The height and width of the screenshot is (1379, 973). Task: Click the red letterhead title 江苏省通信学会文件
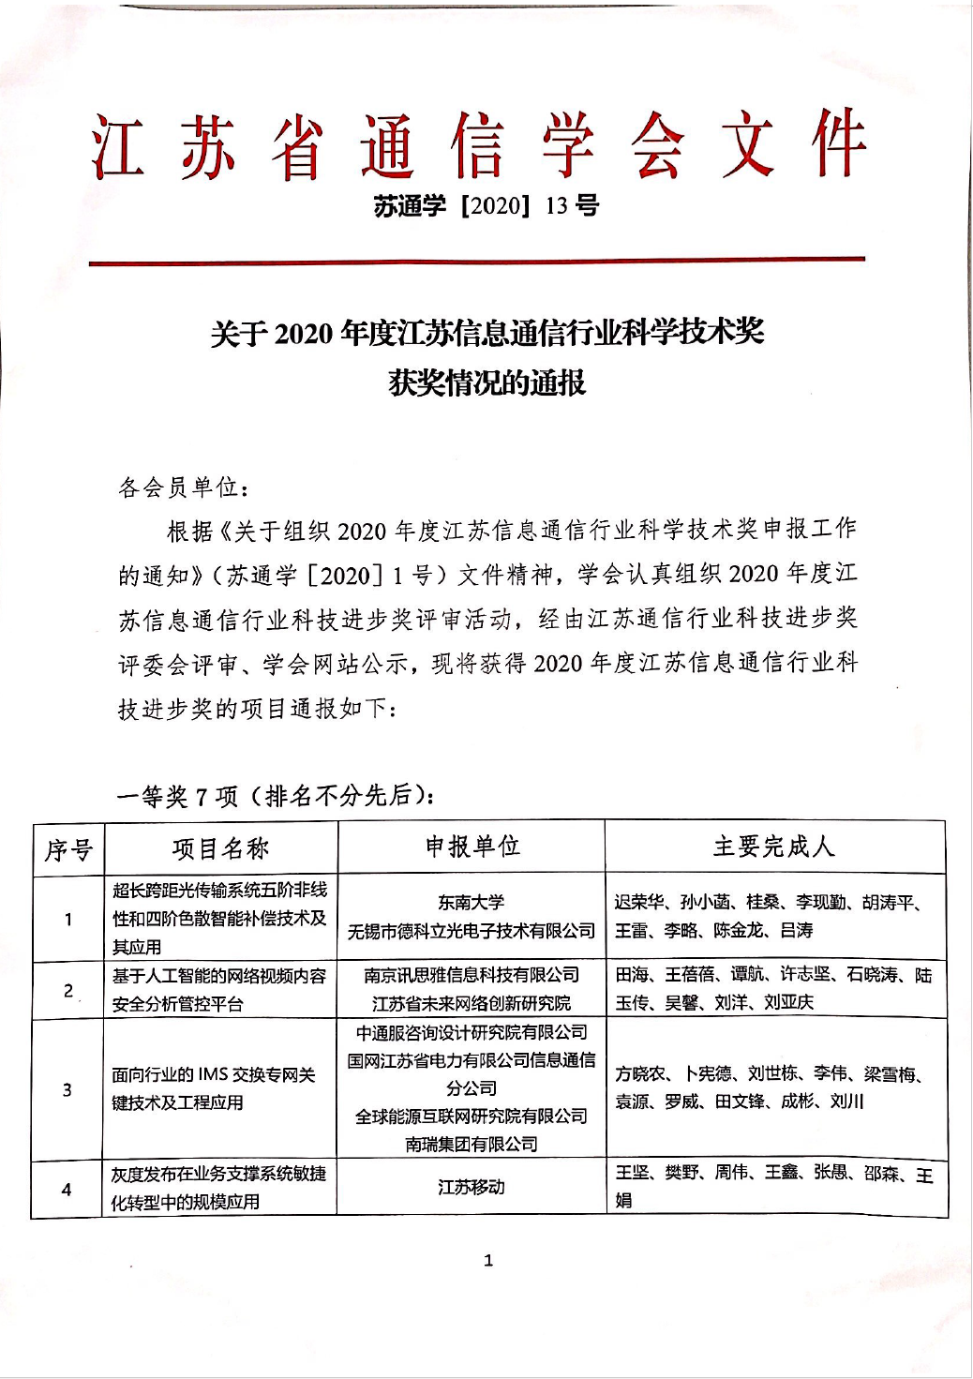pyautogui.click(x=479, y=147)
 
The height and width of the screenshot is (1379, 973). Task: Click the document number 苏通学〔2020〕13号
pyautogui.click(x=486, y=205)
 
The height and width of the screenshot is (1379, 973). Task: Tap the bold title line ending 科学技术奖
pyautogui.click(x=486, y=333)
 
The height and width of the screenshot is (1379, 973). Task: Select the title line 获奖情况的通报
pyautogui.click(x=486, y=382)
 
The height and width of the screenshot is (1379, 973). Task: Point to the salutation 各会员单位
pyautogui.click(x=184, y=487)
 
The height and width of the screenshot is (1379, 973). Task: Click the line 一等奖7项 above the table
pyautogui.click(x=276, y=796)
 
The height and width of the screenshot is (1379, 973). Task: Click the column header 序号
pyautogui.click(x=68, y=849)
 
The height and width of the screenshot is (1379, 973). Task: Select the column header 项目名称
pyautogui.click(x=220, y=848)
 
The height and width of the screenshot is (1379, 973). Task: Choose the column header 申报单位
pyautogui.click(x=472, y=847)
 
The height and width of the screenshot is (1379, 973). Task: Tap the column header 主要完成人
pyautogui.click(x=773, y=847)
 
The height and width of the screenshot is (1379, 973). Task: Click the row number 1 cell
pyautogui.click(x=67, y=919)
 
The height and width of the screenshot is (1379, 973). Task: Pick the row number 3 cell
pyautogui.click(x=67, y=1089)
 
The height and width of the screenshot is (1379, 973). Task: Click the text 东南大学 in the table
pyautogui.click(x=471, y=902)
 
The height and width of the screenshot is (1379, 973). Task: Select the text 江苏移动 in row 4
pyautogui.click(x=471, y=1187)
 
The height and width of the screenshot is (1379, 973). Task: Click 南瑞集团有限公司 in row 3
pyautogui.click(x=472, y=1144)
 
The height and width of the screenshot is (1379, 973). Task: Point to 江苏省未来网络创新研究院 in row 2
pyautogui.click(x=471, y=1003)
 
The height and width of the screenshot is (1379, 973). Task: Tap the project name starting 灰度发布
pyautogui.click(x=218, y=1187)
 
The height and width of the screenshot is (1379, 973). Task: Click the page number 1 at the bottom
pyautogui.click(x=487, y=1260)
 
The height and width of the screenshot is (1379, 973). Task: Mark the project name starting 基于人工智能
pyautogui.click(x=218, y=989)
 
